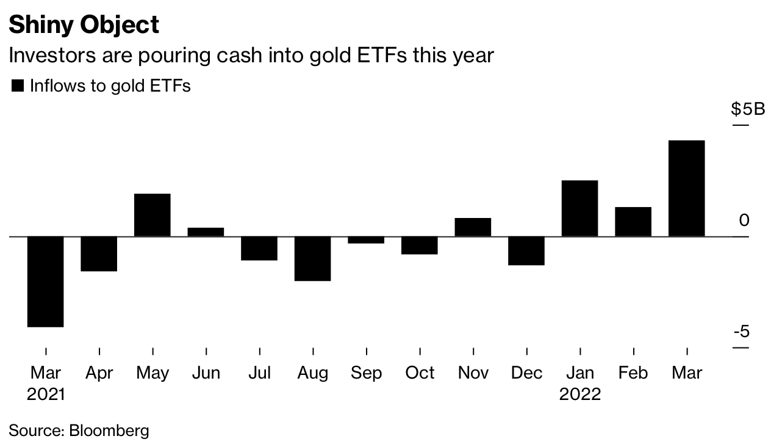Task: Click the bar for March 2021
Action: point(46,282)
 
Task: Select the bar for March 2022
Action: point(686,188)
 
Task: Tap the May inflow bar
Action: point(152,215)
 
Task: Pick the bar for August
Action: point(312,258)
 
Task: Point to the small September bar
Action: point(366,240)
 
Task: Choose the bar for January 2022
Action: point(579,208)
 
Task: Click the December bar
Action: point(526,250)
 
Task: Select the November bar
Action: point(473,227)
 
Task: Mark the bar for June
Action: point(206,232)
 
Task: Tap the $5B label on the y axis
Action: point(747,109)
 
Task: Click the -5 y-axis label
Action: point(741,332)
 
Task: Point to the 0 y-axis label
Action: point(743,220)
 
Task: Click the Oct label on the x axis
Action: point(420,372)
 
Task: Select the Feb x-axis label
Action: point(633,372)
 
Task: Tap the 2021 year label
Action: point(46,394)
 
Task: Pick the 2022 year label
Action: point(579,394)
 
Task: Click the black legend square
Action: point(17,86)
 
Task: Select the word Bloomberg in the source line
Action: point(109,430)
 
